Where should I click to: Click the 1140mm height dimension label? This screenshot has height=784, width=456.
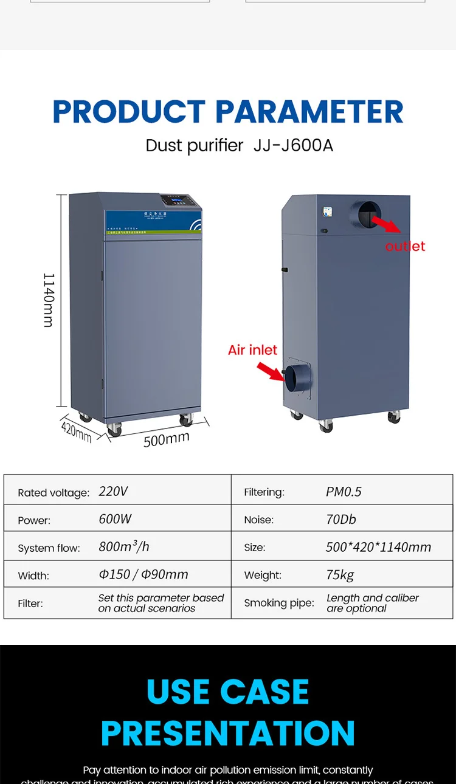coord(49,300)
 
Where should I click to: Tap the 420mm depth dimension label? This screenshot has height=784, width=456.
coord(76,430)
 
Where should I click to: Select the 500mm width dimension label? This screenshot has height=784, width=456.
coord(166,438)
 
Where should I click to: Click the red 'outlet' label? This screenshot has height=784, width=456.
coord(405,246)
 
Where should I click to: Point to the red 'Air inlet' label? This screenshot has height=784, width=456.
coord(252,350)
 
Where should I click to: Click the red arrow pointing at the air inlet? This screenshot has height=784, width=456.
coord(270,371)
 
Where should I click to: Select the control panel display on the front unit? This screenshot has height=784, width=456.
coord(175,202)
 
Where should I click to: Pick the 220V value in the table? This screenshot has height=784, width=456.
coord(113,491)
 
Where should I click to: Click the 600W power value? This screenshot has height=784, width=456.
coord(115,519)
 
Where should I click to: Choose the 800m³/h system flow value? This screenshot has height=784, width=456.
coord(124,547)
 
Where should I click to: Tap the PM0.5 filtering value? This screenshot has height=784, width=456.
coord(344,492)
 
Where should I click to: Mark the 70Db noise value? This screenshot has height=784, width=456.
coord(340,520)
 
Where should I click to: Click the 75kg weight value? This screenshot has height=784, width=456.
coord(340,575)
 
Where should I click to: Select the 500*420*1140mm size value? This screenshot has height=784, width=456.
coord(378,547)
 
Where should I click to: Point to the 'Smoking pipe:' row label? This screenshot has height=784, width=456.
coord(279,603)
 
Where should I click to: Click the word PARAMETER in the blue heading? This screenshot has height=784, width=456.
coord(309,112)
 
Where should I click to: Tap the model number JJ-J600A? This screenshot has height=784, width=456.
coord(293,146)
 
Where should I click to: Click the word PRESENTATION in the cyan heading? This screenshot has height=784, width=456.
coord(228,733)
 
